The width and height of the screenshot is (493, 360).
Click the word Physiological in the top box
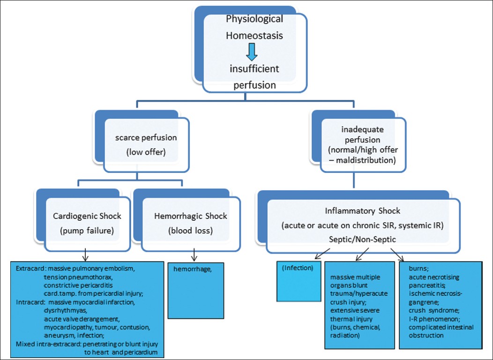click(x=254, y=19)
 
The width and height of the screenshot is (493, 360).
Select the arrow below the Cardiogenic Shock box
click(x=86, y=255)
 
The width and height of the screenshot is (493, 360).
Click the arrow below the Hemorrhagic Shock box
click(x=194, y=255)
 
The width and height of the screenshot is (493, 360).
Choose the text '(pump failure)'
click(x=87, y=232)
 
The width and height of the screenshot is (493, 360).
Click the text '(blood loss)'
click(x=190, y=232)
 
